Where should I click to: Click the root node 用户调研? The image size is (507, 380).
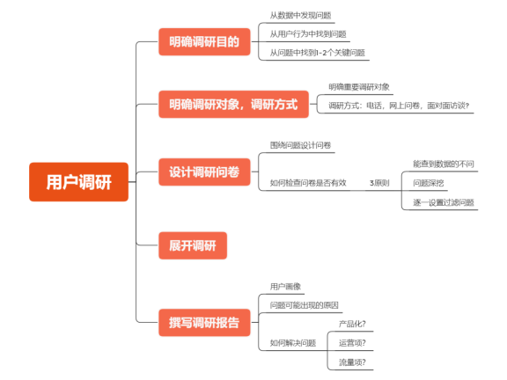pos(78,182)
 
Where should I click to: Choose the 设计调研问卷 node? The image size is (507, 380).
pos(203,171)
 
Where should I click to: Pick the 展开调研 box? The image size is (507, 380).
pos(192,245)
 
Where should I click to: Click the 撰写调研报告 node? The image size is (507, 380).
pos(203,320)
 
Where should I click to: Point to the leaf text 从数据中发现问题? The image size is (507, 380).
pos(300,16)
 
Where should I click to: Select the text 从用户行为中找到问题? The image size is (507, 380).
pos(307,34)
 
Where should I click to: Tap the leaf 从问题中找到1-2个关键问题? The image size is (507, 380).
pos(317,53)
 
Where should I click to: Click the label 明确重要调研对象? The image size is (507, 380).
pos(359,86)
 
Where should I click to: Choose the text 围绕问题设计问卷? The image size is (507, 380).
pos(300,145)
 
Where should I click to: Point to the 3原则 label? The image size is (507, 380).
pos(379,183)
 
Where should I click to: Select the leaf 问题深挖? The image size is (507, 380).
pos(429,183)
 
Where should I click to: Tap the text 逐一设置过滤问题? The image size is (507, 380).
pos(444,202)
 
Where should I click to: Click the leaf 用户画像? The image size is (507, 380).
pos(285,287)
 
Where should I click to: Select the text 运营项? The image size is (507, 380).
pos(352,343)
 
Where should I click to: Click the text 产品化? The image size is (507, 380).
pos(352,325)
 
